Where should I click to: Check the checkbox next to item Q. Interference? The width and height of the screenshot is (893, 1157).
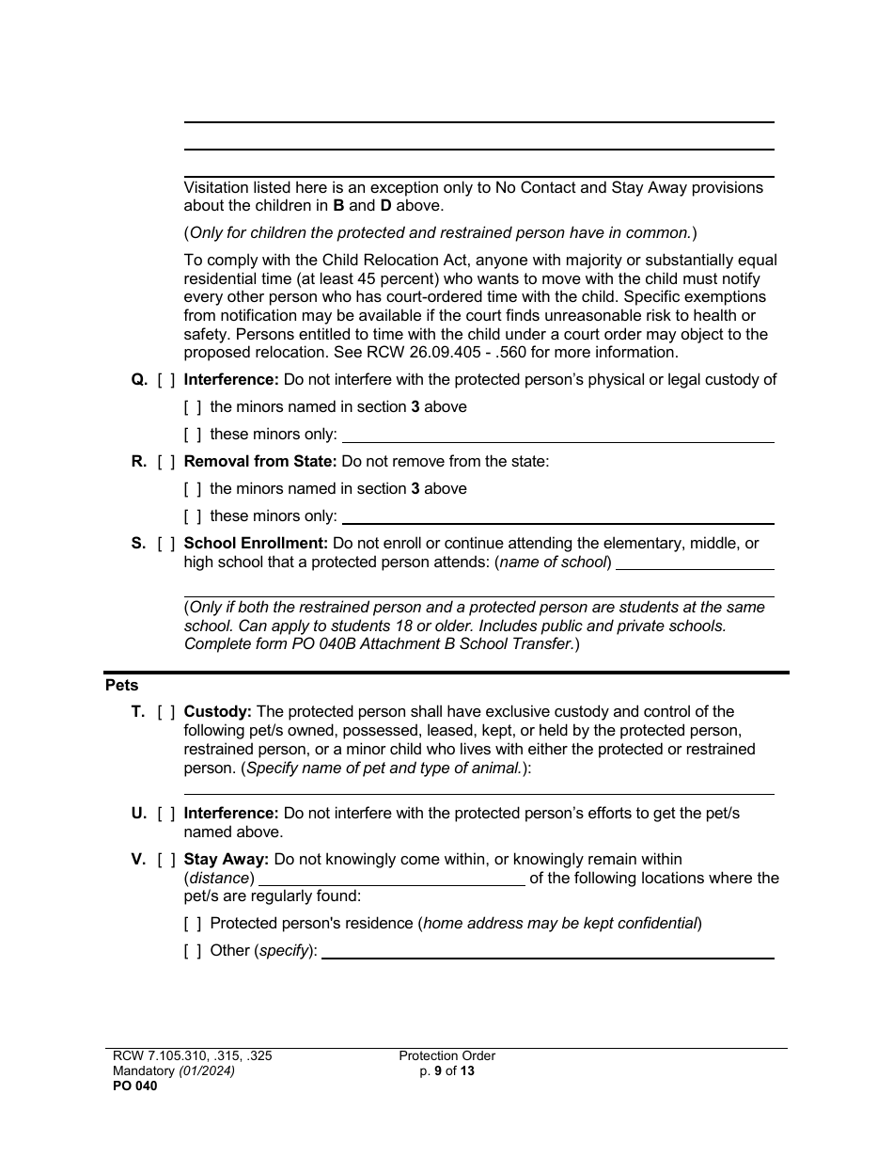(166, 380)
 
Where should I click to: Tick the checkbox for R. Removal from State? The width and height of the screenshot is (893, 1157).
(166, 462)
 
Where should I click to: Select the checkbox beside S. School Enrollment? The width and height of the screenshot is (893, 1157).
(166, 544)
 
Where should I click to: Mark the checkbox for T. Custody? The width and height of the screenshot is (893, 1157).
(166, 712)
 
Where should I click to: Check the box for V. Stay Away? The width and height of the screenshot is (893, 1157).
(166, 860)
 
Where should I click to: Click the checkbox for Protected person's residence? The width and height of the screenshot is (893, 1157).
(193, 924)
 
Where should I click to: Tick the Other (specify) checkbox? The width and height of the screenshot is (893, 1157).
(193, 951)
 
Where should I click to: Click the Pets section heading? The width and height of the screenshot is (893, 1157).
(121, 686)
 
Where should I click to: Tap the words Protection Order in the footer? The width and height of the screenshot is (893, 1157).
(446, 1056)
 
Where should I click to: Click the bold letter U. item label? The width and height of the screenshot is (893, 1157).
(139, 814)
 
